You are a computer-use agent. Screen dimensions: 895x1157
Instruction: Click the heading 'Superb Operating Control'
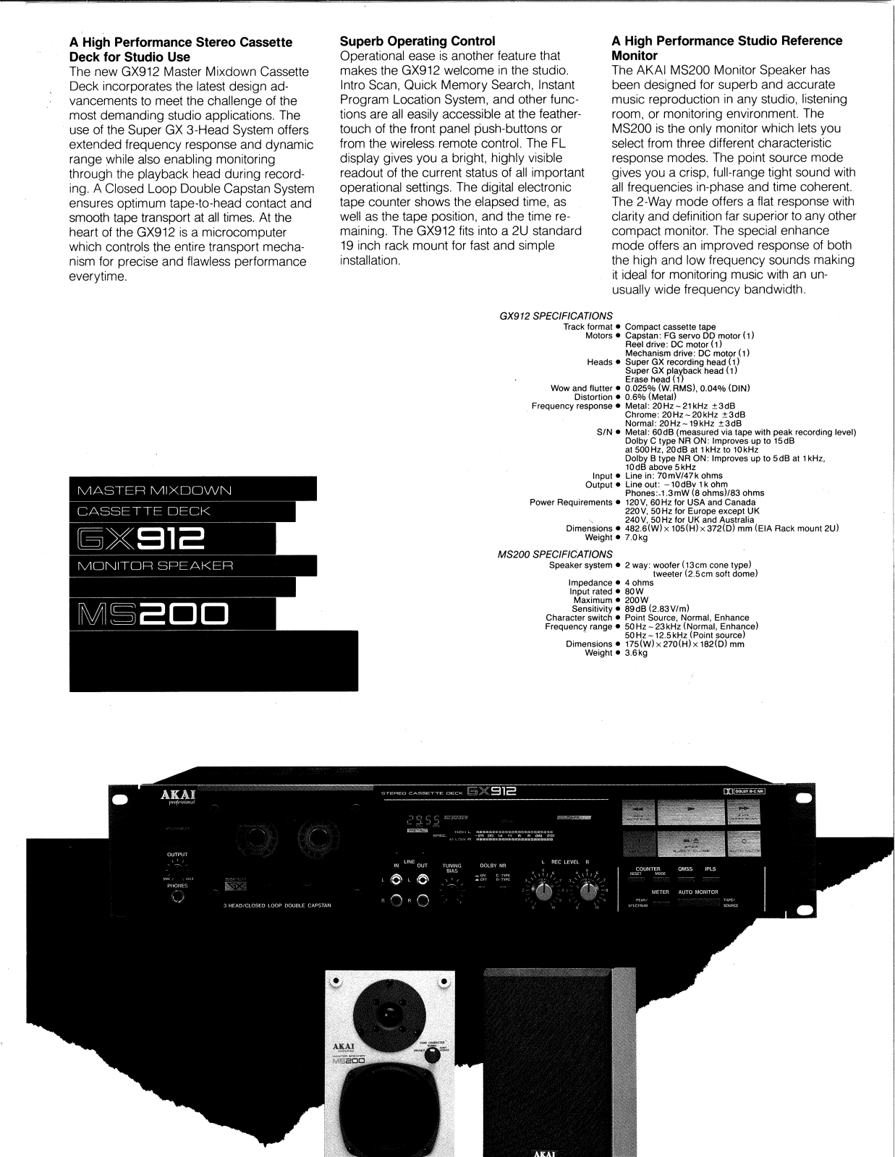(x=417, y=41)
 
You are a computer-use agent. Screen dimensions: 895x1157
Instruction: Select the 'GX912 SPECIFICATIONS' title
(x=556, y=316)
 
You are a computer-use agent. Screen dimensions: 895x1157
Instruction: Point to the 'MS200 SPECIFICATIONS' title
(x=555, y=555)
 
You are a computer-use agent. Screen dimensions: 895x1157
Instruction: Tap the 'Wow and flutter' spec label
(x=581, y=388)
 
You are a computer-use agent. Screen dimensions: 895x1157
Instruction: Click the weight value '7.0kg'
(x=636, y=537)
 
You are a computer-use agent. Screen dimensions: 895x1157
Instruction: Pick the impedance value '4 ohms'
(x=639, y=583)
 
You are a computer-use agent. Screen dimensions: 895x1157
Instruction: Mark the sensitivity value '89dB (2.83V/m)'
(x=657, y=609)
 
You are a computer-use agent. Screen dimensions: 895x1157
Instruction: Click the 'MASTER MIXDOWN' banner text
(x=154, y=490)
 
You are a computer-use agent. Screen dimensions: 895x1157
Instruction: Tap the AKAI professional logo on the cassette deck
(x=178, y=798)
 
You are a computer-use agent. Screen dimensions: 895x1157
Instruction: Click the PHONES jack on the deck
(x=177, y=897)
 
